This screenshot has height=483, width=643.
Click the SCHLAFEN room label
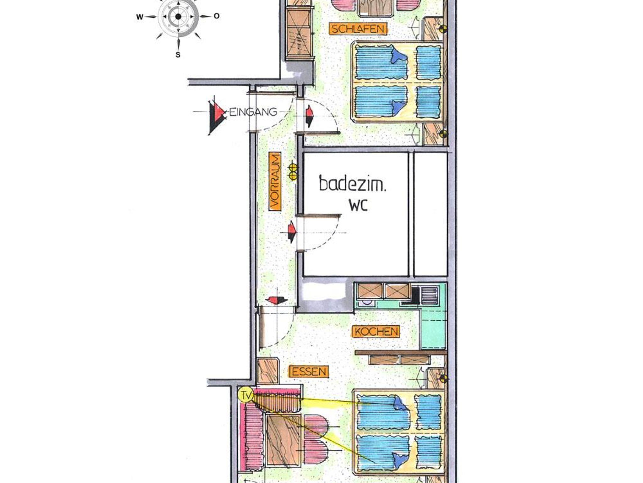click(358, 29)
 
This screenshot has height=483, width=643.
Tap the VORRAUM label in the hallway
click(275, 181)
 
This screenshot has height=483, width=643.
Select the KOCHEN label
click(376, 332)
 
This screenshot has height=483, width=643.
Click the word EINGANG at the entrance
click(254, 112)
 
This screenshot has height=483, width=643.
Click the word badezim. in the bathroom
click(352, 184)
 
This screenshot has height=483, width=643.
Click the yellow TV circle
click(246, 395)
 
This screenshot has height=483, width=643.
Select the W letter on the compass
click(140, 17)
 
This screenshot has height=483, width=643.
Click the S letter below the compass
click(178, 55)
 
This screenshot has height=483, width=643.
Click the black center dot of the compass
click(178, 17)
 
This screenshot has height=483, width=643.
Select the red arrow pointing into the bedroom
click(310, 116)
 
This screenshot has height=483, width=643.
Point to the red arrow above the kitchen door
click(276, 300)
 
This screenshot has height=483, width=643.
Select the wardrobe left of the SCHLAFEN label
click(300, 30)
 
